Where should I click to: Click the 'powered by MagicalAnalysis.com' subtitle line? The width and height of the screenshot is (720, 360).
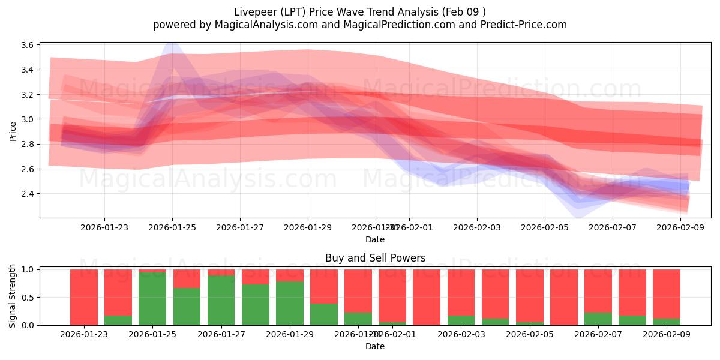point(359,25)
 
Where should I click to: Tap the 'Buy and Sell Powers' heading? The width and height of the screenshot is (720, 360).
point(375,258)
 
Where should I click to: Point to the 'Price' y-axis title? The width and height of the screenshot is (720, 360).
point(13,131)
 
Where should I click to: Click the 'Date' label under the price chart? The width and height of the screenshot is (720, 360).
point(375,239)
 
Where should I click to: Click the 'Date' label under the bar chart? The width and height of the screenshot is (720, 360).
point(375,346)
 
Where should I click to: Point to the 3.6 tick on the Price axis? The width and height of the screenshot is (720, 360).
point(28,45)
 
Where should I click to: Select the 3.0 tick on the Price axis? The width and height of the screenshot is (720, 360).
point(28,119)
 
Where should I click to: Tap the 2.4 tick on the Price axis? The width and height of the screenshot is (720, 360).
point(28,194)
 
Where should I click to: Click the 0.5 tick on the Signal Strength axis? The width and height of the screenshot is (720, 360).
point(28,298)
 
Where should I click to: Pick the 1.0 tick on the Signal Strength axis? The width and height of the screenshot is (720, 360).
point(28,269)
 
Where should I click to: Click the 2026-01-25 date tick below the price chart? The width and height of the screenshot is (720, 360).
point(172,227)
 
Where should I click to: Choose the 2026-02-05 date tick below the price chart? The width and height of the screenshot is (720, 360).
point(545,227)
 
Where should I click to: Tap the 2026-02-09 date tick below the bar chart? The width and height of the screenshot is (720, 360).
point(666,334)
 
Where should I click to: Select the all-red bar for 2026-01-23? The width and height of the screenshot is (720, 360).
point(84,297)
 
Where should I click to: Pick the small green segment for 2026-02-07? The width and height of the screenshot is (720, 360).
point(598,319)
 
